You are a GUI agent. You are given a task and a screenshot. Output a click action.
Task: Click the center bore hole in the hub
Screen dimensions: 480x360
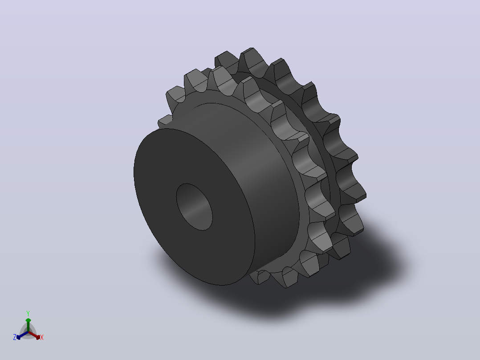click(195, 207)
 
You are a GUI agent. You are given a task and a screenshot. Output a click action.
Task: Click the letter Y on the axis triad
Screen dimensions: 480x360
click(28, 313)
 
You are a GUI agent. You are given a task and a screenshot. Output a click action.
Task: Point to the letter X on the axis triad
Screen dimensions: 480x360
click(42, 337)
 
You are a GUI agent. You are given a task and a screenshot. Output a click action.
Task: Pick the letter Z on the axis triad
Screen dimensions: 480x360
click(14, 337)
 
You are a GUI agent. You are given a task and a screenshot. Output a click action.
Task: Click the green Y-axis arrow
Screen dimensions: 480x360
click(28, 325)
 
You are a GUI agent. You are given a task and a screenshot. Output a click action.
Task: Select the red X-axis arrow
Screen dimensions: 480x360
click(34, 335)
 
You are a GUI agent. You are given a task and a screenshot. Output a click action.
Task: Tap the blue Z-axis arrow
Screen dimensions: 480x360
click(22, 335)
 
